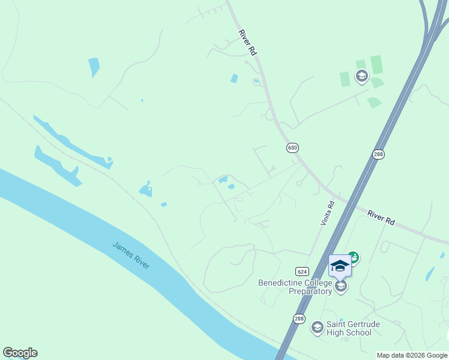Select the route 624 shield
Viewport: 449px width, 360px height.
(302, 272)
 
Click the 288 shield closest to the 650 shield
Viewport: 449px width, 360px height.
(378, 154)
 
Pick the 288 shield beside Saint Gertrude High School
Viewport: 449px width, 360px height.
(299, 318)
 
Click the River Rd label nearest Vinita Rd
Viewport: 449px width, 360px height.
(381, 217)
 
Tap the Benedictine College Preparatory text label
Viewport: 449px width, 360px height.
(295, 287)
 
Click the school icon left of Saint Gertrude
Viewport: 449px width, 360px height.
(317, 328)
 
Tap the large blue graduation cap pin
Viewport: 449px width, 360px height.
(340, 265)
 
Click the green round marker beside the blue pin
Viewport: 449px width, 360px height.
(354, 257)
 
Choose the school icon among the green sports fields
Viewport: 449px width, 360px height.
(361, 76)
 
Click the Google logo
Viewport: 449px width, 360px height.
(20, 353)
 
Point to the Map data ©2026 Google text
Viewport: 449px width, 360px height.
(412, 355)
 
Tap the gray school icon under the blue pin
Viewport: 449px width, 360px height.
(341, 286)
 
